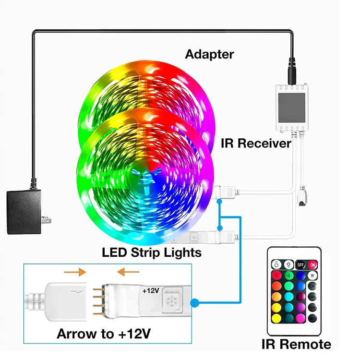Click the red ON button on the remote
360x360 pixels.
point(312,264)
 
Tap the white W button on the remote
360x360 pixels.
point(312,276)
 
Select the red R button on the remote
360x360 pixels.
point(277,276)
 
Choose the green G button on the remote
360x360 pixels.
point(289,276)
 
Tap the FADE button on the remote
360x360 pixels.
point(312,307)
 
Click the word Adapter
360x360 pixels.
point(210,54)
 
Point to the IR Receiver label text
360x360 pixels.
point(256,143)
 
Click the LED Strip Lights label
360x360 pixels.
point(151,252)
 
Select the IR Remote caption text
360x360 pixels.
point(296,344)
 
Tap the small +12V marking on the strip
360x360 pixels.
point(150,291)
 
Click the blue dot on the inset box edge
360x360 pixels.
point(194,303)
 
